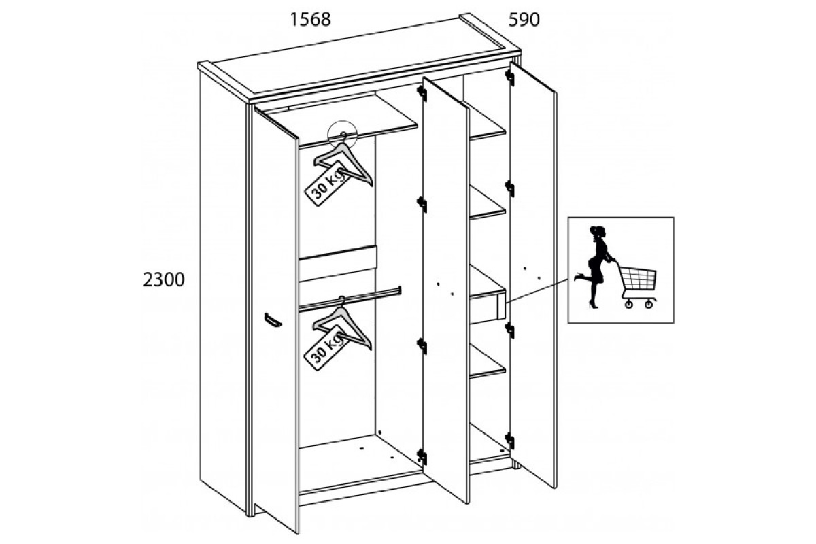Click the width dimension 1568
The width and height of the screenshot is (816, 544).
(x=310, y=19)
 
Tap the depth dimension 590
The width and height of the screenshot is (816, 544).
(x=524, y=19)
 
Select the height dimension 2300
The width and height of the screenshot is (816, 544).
(x=164, y=279)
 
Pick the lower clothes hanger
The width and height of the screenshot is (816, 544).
(x=343, y=324)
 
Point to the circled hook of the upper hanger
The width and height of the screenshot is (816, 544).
(x=343, y=135)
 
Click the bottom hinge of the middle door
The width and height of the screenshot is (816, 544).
(x=422, y=457)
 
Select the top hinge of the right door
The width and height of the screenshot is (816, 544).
(x=509, y=78)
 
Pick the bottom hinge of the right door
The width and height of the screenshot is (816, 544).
(x=509, y=441)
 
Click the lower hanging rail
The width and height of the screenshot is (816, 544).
(x=350, y=299)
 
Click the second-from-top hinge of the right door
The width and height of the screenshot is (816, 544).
(x=509, y=188)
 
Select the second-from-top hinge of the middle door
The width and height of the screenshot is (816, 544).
(x=422, y=204)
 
